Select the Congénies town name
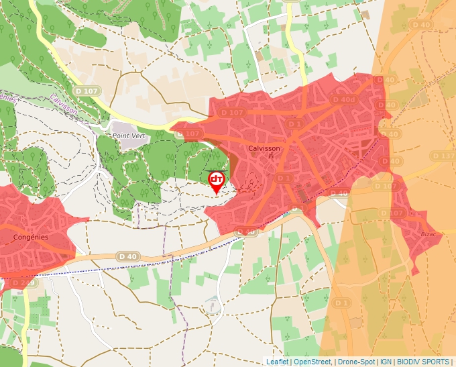[x=31, y=237]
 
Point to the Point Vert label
[x=128, y=136]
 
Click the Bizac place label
[x=428, y=233]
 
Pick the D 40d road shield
[x=343, y=100]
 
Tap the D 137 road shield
[x=445, y=156]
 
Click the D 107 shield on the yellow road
[x=87, y=91]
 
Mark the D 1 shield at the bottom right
[x=341, y=303]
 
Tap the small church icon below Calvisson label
[x=271, y=157]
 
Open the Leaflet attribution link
[x=278, y=362]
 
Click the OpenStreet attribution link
[x=312, y=362]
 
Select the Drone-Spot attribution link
[x=356, y=362]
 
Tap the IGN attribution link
[x=386, y=362]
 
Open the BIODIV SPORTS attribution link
[x=424, y=362]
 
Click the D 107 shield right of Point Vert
[x=190, y=134]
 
